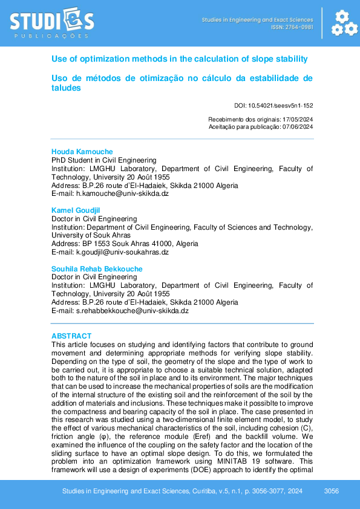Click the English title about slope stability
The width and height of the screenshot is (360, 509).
pos(180,59)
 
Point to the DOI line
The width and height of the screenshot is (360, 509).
pos(273,105)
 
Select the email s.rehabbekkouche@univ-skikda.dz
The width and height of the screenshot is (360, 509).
pos(133,311)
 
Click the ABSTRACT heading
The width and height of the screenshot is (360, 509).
pos(71,336)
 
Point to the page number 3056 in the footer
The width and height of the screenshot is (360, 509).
pos(332,491)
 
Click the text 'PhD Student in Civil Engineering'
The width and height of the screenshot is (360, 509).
pos(104,160)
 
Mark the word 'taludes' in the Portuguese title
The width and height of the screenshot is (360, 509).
pos(66,88)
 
